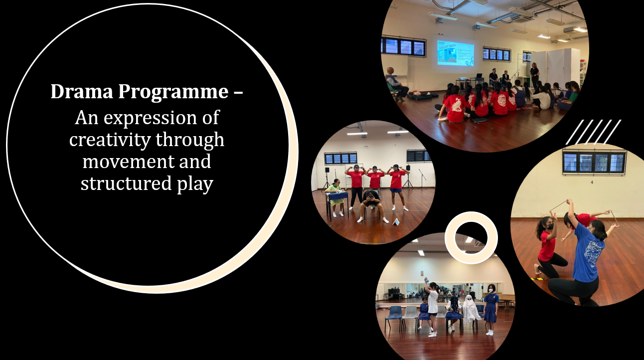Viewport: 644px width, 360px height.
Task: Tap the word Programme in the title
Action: point(173,93)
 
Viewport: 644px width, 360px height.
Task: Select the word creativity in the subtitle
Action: point(110,140)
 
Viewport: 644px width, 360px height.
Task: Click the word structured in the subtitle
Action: point(126,183)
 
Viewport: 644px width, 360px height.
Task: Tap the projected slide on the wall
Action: point(456,53)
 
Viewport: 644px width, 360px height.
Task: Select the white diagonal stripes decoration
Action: point(593,132)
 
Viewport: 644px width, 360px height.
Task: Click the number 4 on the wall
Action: point(592,182)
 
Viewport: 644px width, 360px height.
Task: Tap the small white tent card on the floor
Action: point(396,222)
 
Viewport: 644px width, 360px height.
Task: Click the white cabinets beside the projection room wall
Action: point(555,67)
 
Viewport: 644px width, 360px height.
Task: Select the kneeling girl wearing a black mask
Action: point(549,247)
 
